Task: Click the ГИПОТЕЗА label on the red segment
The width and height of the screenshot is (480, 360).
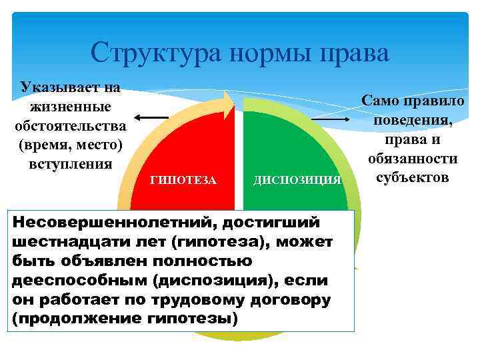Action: click(183, 179)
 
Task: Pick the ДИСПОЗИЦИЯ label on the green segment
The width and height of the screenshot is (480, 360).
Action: click(297, 179)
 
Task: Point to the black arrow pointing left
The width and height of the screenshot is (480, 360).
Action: click(155, 118)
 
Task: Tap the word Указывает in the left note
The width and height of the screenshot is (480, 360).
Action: click(55, 87)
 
